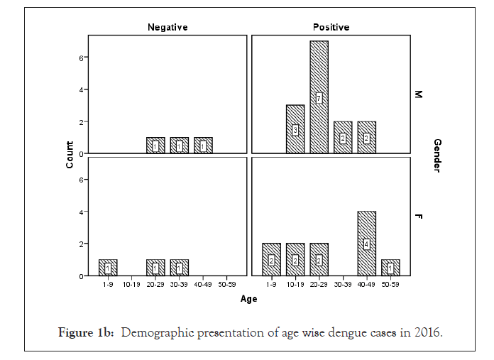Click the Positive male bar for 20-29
319,97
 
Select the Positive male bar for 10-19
295,129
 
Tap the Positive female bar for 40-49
366,244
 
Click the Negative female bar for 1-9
108,268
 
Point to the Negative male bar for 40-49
203,145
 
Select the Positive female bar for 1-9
271,260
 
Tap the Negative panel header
167,27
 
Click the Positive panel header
331,27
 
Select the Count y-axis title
70,156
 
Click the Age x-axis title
248,299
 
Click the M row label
419,94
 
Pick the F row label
419,216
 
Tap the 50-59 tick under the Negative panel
227,285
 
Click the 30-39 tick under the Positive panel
343,285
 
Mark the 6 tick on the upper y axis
82,58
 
